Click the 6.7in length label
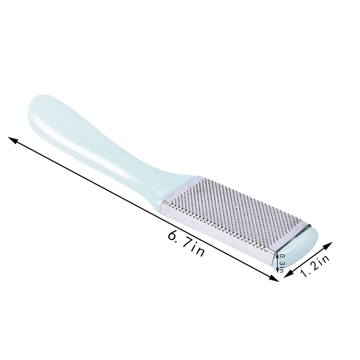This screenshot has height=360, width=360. coord(186,244)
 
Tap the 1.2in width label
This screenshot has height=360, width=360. coord(315,265)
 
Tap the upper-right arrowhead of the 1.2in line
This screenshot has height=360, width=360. coord(328,245)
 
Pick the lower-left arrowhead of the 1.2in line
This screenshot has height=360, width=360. coord(288,274)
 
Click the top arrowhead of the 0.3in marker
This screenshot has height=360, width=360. coord(277,255)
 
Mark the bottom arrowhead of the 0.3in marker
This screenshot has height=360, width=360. coord(278,270)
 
